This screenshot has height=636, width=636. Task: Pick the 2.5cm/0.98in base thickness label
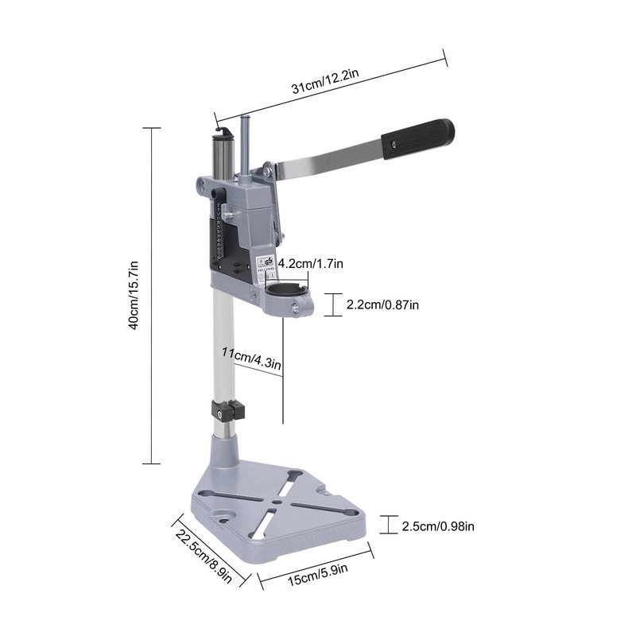438,525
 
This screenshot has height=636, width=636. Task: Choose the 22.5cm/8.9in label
203,556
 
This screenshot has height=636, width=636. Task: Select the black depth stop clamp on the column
226,412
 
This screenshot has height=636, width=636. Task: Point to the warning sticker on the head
265,264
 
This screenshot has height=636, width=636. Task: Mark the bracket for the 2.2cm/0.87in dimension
337,304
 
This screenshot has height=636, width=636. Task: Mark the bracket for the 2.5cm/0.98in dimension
387,525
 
